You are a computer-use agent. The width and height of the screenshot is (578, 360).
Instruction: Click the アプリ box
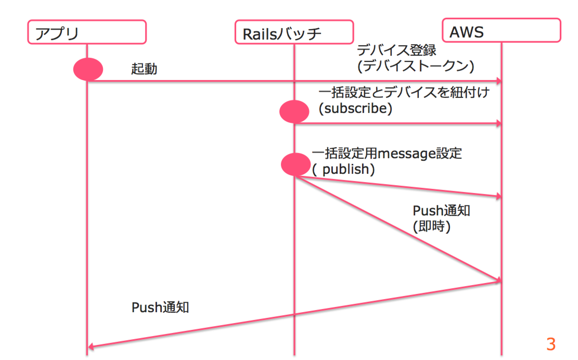(x=86, y=32)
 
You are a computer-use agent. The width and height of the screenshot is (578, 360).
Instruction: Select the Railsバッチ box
(x=294, y=32)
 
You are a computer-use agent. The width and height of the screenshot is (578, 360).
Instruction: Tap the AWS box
(x=502, y=30)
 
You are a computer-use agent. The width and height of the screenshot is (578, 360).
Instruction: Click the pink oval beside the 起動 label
(x=88, y=69)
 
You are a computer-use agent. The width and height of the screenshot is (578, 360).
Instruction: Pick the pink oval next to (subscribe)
(x=294, y=111)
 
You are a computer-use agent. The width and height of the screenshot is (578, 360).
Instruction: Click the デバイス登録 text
(x=396, y=51)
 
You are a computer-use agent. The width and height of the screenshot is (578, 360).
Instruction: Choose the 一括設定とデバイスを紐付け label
(x=404, y=93)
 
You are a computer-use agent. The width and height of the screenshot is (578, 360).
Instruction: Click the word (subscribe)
(x=355, y=109)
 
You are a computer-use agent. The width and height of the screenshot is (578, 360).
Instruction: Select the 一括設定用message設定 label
(x=387, y=154)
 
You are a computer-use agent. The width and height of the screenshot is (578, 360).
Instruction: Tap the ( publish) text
(x=343, y=170)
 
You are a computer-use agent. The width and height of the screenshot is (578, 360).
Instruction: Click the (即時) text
(x=431, y=227)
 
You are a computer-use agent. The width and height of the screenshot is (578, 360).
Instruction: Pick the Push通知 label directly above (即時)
(x=442, y=211)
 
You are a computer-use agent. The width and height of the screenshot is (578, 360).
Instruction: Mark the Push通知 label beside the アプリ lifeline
(x=160, y=307)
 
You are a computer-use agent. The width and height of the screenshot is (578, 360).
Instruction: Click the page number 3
(x=550, y=344)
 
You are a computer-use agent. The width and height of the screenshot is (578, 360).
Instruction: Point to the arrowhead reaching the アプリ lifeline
(x=91, y=346)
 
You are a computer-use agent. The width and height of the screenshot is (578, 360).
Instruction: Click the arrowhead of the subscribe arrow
(x=498, y=123)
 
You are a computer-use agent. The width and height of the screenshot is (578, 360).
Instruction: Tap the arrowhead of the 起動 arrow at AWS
(x=498, y=81)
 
